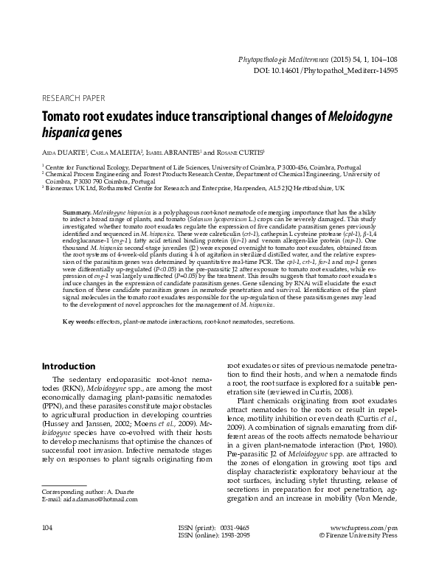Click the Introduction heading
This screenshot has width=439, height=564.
click(69, 366)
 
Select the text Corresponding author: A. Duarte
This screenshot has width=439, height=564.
click(84, 490)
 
